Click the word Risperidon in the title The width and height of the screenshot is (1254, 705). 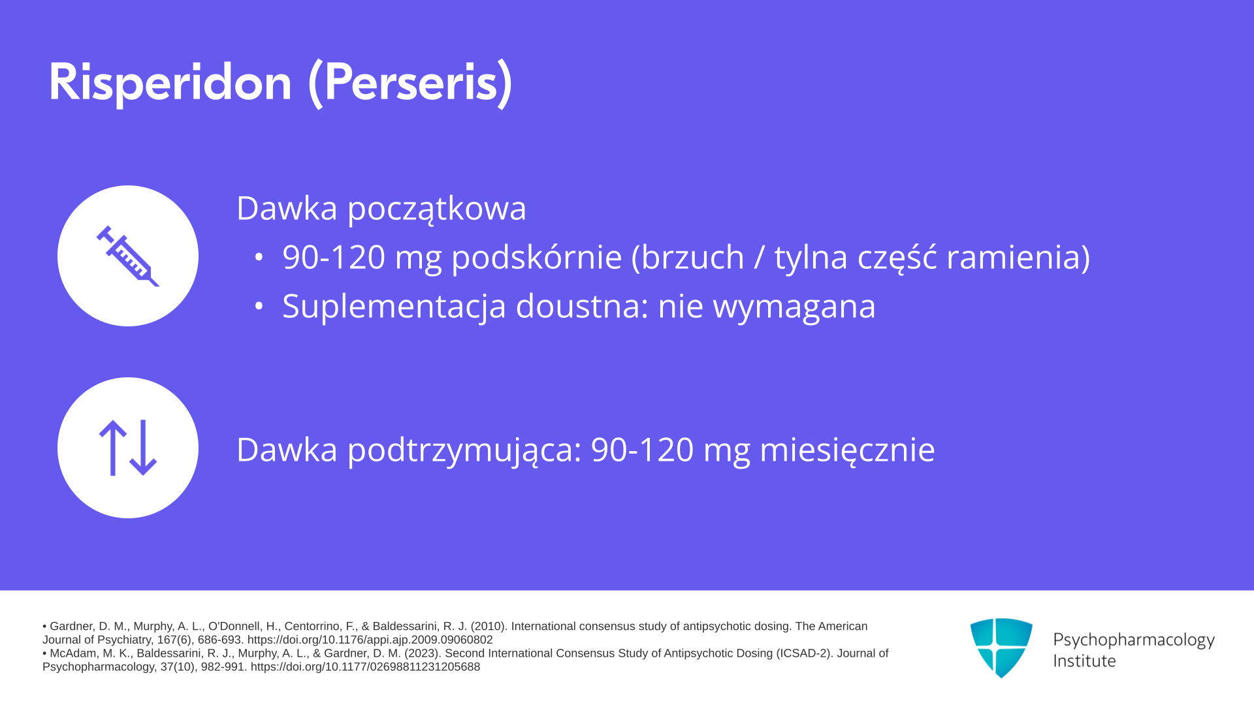(170, 83)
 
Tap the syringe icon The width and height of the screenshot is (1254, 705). (128, 256)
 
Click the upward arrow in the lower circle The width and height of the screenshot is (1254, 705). (112, 448)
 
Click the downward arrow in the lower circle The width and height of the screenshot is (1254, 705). (143, 448)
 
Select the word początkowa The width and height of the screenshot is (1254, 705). (436, 210)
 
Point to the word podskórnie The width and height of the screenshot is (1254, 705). (536, 257)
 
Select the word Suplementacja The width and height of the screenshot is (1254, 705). (394, 307)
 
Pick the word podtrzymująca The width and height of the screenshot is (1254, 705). (464, 451)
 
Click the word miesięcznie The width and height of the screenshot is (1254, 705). (847, 451)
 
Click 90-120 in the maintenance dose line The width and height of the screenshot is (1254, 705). (642, 450)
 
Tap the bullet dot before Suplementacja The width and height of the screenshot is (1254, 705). (259, 305)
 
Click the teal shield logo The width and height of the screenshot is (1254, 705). (1001, 648)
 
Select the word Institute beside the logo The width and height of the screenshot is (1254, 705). (1084, 661)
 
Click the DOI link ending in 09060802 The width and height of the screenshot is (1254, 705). (370, 640)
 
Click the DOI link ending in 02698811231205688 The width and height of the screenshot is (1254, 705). (365, 666)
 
